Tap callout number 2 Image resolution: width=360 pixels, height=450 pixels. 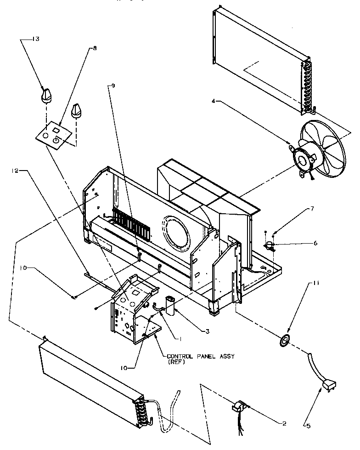pos(284,423)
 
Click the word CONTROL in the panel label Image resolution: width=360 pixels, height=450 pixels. pos(179,356)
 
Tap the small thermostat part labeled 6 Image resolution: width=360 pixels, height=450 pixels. pos(270,246)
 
